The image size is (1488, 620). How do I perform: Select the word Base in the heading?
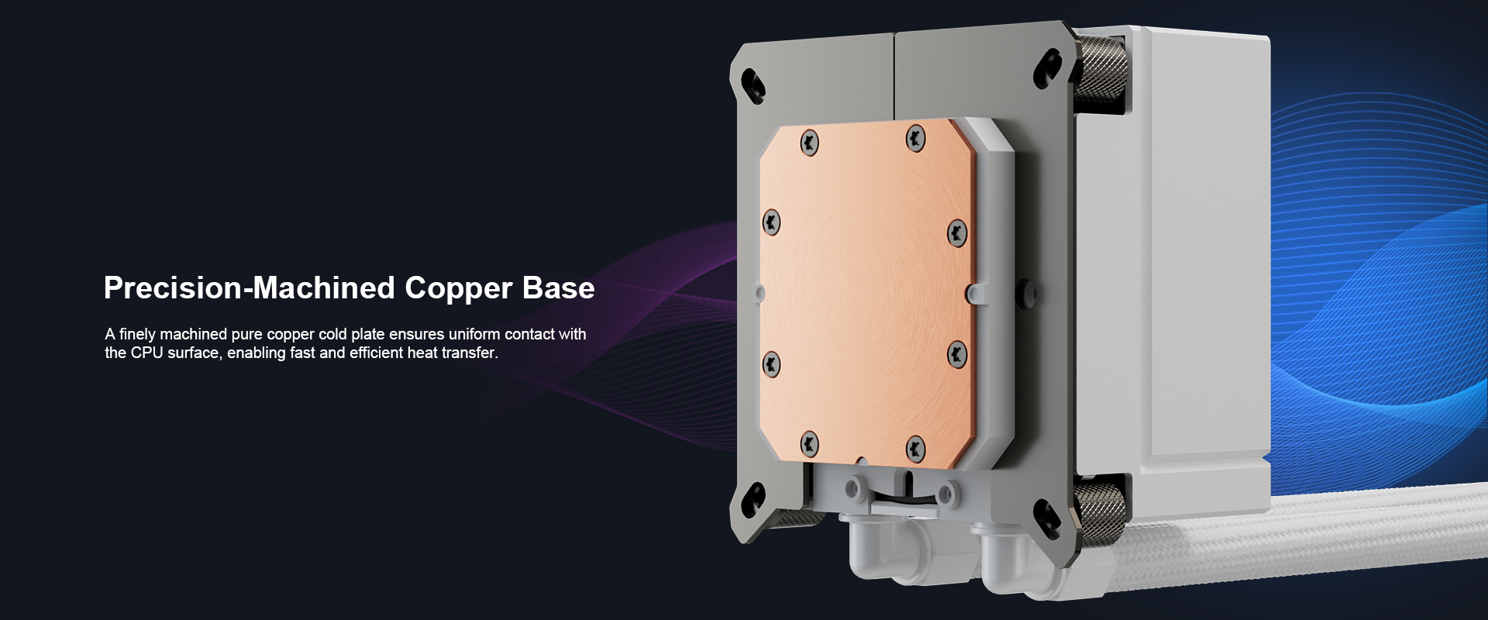(559, 288)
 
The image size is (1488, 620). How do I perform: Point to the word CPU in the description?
(146, 353)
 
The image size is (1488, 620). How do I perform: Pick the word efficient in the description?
(377, 353)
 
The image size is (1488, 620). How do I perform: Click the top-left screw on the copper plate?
(810, 142)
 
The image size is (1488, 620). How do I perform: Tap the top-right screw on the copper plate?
(916, 139)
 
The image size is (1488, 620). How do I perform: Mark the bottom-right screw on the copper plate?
(916, 447)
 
